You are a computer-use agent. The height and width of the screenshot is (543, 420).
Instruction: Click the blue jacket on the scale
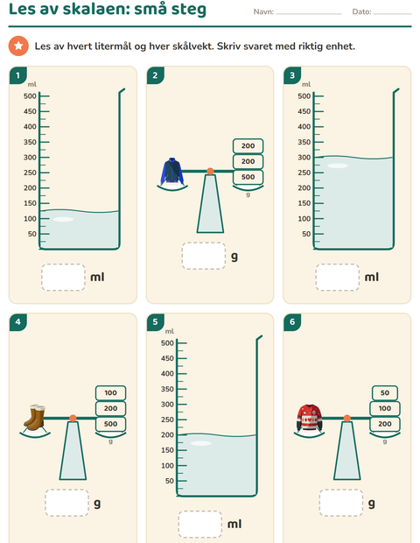pyautogui.click(x=172, y=171)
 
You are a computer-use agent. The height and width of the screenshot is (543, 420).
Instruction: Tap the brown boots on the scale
pyautogui.click(x=35, y=417)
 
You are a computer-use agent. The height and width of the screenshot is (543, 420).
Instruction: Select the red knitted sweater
pyautogui.click(x=309, y=418)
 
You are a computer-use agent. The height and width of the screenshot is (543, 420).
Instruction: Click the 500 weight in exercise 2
pyautogui.click(x=248, y=177)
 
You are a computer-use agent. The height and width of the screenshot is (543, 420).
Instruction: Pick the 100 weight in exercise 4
pyautogui.click(x=111, y=393)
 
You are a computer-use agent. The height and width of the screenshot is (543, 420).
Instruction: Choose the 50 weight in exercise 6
pyautogui.click(x=385, y=393)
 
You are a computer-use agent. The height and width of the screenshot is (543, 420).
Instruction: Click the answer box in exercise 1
pyautogui.click(x=63, y=277)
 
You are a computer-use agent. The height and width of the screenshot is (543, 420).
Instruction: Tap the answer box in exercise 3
pyautogui.click(x=338, y=277)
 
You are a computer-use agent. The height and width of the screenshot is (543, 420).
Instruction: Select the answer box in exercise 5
pyautogui.click(x=200, y=524)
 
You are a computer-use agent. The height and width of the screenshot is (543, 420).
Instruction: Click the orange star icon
pyautogui.click(x=18, y=46)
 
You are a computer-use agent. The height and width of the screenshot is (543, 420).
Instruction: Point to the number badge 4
pyautogui.click(x=18, y=322)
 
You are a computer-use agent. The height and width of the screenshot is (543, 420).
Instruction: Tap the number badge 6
pyautogui.click(x=292, y=322)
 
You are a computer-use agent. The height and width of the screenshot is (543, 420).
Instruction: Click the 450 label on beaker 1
pyautogui.click(x=30, y=111)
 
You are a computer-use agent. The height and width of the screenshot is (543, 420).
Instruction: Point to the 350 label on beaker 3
pyautogui.click(x=304, y=142)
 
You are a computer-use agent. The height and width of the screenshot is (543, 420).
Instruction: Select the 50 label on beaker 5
pyautogui.click(x=170, y=481)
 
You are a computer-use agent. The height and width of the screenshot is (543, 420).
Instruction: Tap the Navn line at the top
pyautogui.click(x=309, y=14)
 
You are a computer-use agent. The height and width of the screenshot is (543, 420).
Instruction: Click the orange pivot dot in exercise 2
pyautogui.click(x=210, y=171)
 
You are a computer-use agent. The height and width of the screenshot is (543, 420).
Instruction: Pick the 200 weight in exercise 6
pyautogui.click(x=385, y=424)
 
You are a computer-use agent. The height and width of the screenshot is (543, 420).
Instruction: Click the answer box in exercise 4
pyautogui.click(x=66, y=503)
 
